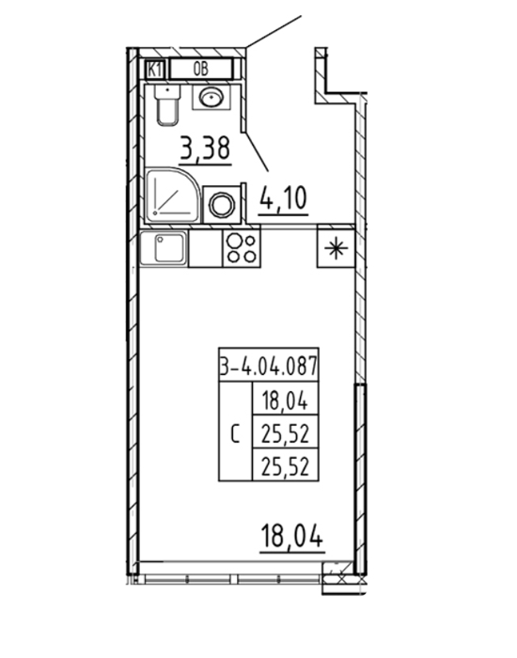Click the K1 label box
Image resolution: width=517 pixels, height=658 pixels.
[155, 70]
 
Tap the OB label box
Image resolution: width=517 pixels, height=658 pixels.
[201, 69]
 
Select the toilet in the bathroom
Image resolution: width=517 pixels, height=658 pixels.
[167, 104]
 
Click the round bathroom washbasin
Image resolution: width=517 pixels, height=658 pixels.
[211, 98]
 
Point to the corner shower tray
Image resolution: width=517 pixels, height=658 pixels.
[172, 195]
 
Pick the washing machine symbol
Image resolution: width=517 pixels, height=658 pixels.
[223, 204]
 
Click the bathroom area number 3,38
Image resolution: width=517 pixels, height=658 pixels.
[206, 149]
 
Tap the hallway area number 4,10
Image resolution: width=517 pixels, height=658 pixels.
[284, 199]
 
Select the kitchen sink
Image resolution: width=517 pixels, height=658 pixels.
[164, 248]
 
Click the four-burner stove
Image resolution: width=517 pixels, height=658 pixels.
[242, 248]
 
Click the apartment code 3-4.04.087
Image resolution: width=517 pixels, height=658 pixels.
[269, 365]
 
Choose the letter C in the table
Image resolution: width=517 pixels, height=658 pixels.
[235, 434]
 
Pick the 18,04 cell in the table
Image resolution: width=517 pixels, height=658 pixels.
[285, 399]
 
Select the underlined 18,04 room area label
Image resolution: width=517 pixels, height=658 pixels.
[292, 538]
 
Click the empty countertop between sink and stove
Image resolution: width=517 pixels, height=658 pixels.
[206, 248]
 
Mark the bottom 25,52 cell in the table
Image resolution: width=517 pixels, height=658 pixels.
[285, 465]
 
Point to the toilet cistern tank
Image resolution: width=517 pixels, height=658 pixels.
[167, 92]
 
